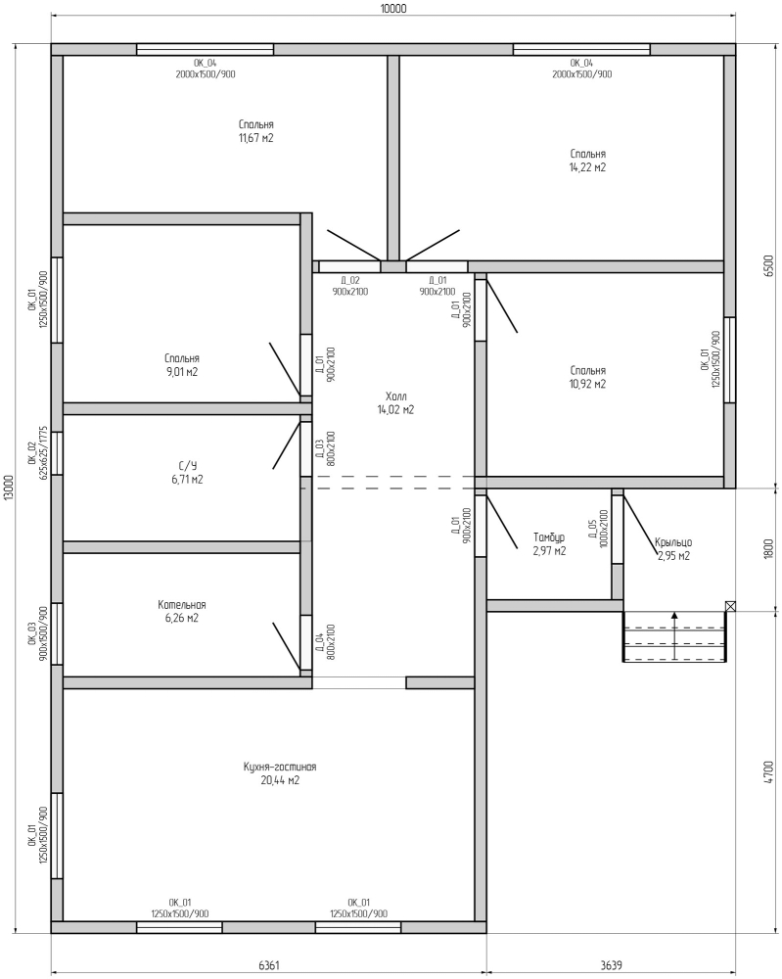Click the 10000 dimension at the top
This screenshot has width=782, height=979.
(x=393, y=8)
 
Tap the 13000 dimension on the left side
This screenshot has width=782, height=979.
(x=9, y=489)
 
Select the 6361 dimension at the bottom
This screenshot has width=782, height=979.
(x=269, y=965)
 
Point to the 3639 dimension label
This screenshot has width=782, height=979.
(x=611, y=965)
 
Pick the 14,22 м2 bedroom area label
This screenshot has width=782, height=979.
(x=587, y=167)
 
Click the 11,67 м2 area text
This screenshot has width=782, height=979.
(x=255, y=138)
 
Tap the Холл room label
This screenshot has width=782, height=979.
(x=395, y=396)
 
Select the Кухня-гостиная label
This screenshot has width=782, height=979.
(x=280, y=767)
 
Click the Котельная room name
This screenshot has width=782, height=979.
(x=182, y=605)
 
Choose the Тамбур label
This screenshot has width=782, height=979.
(x=549, y=537)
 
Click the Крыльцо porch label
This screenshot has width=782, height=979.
(x=673, y=542)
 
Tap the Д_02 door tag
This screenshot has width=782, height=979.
(x=350, y=281)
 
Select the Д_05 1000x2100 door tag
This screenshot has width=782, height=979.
(x=597, y=529)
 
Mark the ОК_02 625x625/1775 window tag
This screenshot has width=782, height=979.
(x=38, y=452)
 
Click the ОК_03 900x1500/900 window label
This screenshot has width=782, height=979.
(x=38, y=633)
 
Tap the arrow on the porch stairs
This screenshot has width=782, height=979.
(x=674, y=635)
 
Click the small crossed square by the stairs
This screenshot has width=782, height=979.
(x=730, y=606)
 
